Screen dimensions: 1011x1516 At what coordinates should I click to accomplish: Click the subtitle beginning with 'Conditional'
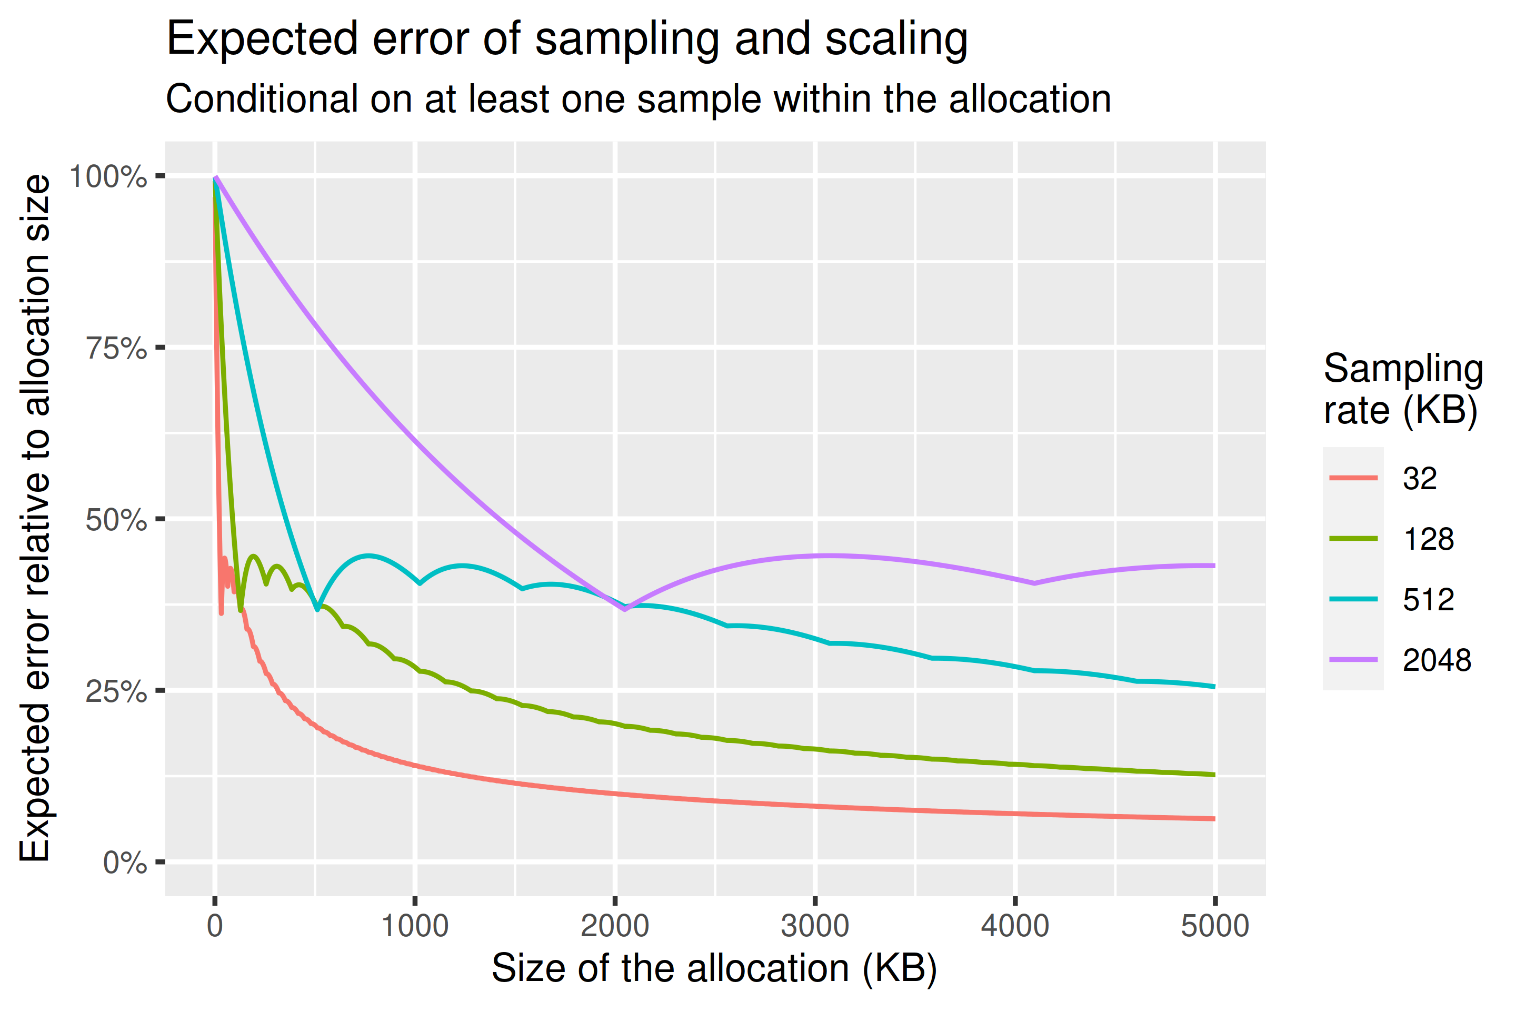pos(638,100)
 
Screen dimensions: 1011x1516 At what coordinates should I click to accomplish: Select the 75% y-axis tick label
pos(116,349)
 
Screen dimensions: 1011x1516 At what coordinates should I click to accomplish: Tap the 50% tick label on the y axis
pos(116,520)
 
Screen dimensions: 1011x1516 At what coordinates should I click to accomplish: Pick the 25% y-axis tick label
pos(116,692)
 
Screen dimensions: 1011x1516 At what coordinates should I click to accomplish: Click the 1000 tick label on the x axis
pos(414,927)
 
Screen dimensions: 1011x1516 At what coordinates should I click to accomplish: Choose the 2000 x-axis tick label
pos(614,927)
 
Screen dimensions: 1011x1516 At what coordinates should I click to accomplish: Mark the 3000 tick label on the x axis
pos(815,927)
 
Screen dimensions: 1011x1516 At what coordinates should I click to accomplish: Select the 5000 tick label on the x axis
pos(1214,927)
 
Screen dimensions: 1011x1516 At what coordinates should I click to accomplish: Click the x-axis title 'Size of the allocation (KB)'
pos(714,968)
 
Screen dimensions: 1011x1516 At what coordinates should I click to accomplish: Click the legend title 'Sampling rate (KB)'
pos(1402,390)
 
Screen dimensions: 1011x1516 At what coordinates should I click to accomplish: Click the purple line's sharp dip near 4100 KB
pos(1034,583)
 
